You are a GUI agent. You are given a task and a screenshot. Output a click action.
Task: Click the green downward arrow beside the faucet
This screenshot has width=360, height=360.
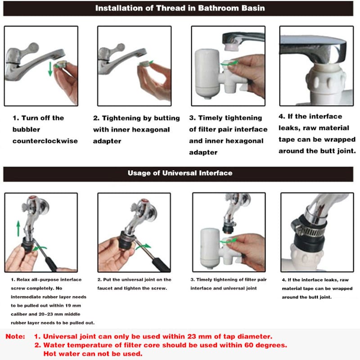50,69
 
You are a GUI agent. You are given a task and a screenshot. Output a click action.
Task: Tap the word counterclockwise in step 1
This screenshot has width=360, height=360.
45,141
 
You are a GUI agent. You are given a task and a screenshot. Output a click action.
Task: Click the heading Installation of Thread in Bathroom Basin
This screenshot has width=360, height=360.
180,8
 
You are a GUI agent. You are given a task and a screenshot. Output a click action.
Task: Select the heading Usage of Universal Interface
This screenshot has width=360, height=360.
180,173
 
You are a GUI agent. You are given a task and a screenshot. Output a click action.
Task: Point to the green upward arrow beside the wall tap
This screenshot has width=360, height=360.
18,229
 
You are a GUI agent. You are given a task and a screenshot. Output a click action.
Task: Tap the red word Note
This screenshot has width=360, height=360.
15,336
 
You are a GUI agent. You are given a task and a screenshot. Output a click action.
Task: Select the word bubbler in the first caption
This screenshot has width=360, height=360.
27,130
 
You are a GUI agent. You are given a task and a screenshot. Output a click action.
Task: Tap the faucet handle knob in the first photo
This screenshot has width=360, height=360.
32,48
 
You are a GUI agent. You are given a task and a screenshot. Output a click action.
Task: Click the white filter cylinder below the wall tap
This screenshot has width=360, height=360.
211,248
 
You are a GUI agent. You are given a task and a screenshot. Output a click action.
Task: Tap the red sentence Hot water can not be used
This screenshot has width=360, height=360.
93,354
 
